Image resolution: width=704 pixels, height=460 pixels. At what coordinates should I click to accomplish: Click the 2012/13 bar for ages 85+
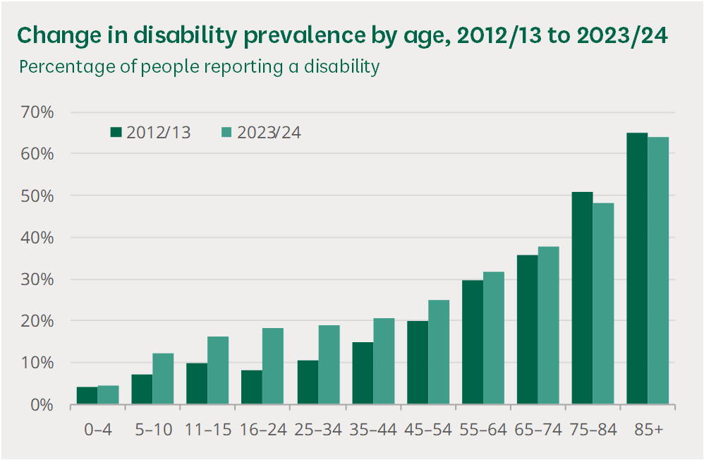[637, 269]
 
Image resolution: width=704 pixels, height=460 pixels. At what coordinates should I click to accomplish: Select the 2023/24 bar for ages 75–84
[603, 304]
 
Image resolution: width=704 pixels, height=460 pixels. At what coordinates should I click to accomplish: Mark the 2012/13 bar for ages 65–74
[527, 329]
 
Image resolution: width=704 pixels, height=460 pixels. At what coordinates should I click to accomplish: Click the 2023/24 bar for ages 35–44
[383, 361]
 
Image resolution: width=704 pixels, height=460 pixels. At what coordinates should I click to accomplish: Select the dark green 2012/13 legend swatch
[116, 132]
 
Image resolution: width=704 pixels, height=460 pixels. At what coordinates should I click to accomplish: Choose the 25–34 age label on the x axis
[318, 430]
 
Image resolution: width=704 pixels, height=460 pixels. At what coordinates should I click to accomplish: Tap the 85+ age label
[648, 430]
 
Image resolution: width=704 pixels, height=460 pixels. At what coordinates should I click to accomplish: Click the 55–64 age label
[483, 430]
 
